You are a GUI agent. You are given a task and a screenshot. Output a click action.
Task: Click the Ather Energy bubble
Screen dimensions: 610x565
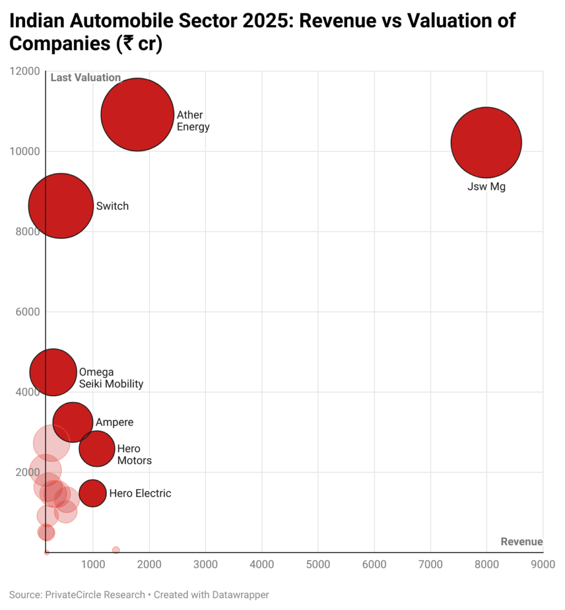(138, 114)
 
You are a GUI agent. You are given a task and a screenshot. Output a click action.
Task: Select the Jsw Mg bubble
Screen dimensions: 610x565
(486, 143)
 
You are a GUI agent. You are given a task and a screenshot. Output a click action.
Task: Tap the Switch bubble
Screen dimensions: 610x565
(61, 206)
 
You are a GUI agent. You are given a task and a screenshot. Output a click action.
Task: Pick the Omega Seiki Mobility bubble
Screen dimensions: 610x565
(53, 372)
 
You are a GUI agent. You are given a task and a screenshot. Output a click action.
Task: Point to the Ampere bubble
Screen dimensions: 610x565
(73, 422)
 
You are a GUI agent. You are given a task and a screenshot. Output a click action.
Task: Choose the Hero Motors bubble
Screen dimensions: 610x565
(97, 449)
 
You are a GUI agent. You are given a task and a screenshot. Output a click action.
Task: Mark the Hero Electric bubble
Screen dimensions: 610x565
(92, 493)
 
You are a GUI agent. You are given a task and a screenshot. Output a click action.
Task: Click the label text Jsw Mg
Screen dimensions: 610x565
(486, 187)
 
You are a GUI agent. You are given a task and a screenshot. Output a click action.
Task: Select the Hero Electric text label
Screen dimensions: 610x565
(140, 493)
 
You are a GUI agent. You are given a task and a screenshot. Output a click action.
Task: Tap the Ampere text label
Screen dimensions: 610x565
(114, 422)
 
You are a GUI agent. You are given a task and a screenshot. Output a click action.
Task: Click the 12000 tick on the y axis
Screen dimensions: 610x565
(25, 71)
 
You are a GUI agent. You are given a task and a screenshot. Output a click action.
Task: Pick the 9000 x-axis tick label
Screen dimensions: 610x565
(542, 564)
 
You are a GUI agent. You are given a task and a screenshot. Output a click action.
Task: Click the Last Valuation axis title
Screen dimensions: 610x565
(86, 77)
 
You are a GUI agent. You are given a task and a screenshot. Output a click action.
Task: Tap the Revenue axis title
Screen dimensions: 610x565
(522, 541)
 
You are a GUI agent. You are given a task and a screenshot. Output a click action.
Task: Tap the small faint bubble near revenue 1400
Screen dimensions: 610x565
(116, 550)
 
